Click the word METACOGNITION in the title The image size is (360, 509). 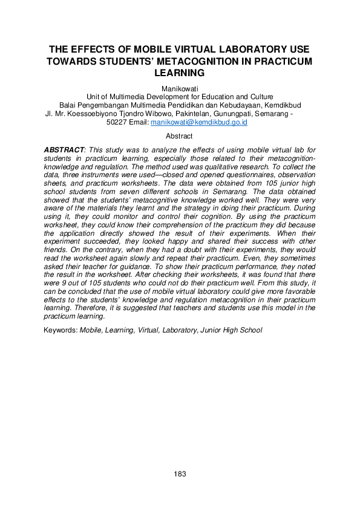(226, 62)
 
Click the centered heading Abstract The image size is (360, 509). (179, 136)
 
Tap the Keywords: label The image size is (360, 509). (61, 330)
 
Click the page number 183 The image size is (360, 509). (180, 473)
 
